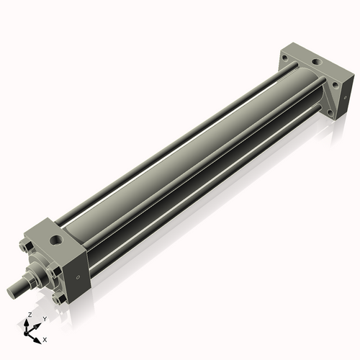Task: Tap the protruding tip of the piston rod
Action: [12, 291]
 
